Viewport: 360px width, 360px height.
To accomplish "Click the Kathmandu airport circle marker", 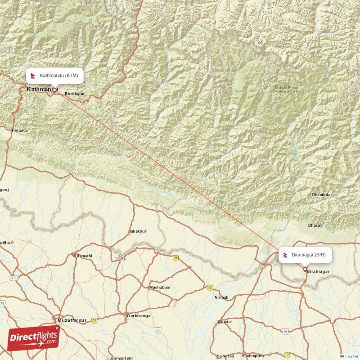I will coord(54,90).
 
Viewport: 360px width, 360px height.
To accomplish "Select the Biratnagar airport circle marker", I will coord(305,270).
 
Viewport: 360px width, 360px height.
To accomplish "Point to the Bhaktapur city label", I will coord(75,94).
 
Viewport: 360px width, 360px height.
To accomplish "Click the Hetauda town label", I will coord(20,130).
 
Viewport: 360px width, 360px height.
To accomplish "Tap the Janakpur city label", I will coord(137,231).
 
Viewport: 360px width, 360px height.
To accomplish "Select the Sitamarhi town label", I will coord(83,256).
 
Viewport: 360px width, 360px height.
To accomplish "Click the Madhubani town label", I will coord(160,287).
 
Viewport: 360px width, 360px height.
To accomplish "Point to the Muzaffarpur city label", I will coord(72,320).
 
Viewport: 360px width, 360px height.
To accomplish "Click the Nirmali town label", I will coord(221,297).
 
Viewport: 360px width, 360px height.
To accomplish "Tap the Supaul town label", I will coord(225,322).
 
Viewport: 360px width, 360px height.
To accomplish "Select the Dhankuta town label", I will coord(321,194).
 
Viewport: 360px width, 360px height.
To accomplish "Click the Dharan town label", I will coord(315,225).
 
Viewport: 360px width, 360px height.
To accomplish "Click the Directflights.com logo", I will coord(33,338).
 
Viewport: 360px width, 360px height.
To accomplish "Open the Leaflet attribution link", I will coord(351,357).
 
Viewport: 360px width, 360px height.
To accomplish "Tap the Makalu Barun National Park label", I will coord(287,90).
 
